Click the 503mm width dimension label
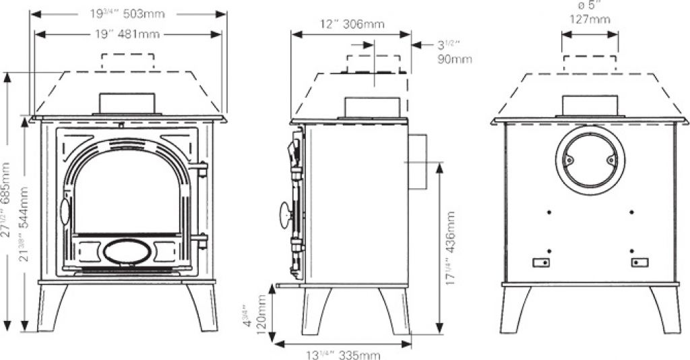point(127,13)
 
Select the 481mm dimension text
point(127,34)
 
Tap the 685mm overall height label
point(5,200)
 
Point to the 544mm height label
point(24,224)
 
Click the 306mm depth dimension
point(352,24)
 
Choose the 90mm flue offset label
point(454,52)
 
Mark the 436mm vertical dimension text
point(450,248)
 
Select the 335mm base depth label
point(343,355)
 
